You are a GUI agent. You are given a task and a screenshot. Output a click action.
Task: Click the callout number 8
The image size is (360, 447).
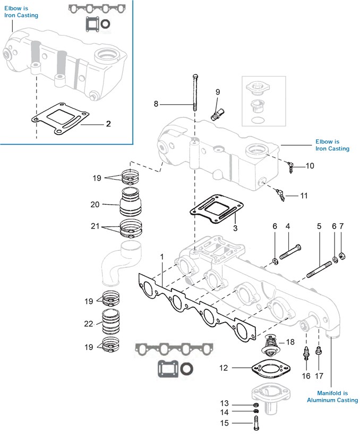156,104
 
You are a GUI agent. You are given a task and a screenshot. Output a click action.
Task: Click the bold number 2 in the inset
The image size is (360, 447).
108,124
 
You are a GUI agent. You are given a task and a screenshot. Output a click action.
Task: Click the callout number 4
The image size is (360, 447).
288,226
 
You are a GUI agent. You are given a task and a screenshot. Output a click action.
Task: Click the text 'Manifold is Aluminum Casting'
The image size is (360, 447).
332,397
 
